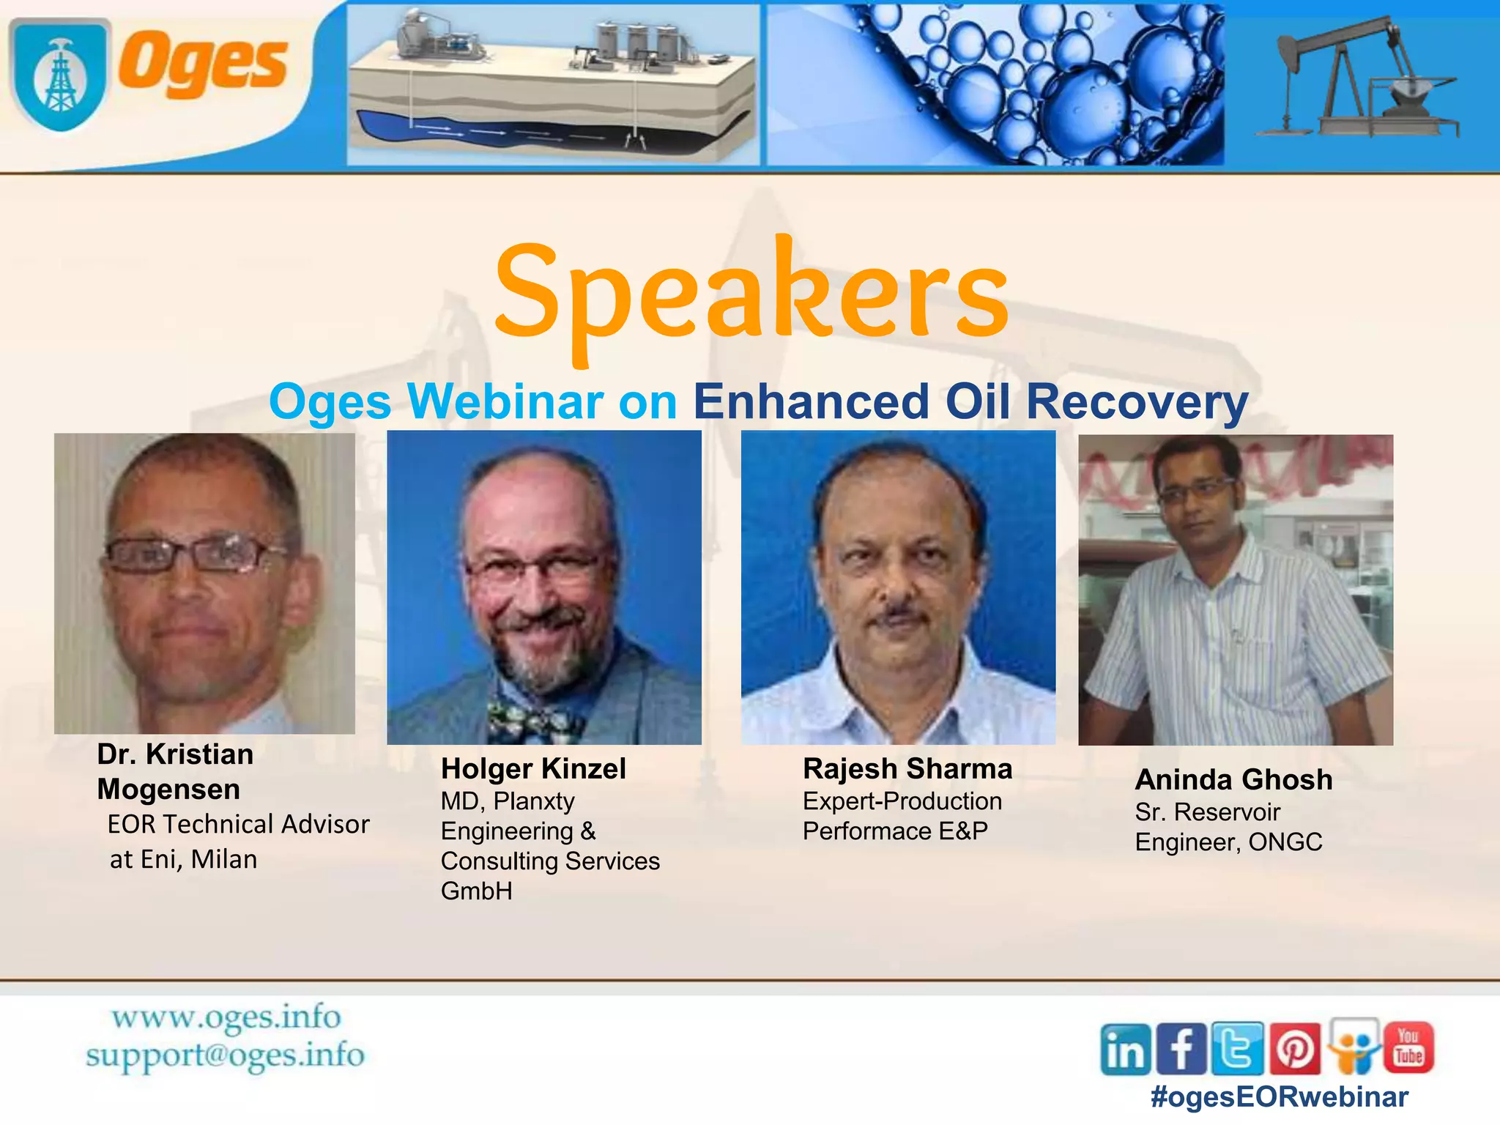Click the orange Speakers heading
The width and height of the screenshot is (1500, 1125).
point(751,293)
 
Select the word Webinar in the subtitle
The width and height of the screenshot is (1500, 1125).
point(505,401)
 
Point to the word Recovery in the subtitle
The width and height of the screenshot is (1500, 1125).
point(1137,403)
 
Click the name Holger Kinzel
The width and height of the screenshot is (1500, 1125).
point(533,769)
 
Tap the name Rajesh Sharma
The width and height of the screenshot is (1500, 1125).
point(907,769)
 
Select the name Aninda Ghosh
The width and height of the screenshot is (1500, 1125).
point(1233,780)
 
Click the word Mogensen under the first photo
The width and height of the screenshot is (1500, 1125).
point(168,790)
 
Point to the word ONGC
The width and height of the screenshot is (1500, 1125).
point(1285,842)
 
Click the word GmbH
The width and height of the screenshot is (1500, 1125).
point(476,891)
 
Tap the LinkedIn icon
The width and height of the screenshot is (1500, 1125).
point(1125,1050)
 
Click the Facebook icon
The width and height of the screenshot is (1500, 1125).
point(1181,1050)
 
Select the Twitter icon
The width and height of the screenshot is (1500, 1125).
point(1237,1050)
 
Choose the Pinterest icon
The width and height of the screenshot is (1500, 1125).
point(1294,1050)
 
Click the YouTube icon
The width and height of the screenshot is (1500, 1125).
point(1408,1047)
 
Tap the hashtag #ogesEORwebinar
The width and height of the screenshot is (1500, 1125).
point(1279,1097)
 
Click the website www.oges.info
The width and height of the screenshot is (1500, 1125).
point(226,1018)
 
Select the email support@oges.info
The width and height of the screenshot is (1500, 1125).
point(225,1055)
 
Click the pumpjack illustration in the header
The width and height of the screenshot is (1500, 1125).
point(1359,81)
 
